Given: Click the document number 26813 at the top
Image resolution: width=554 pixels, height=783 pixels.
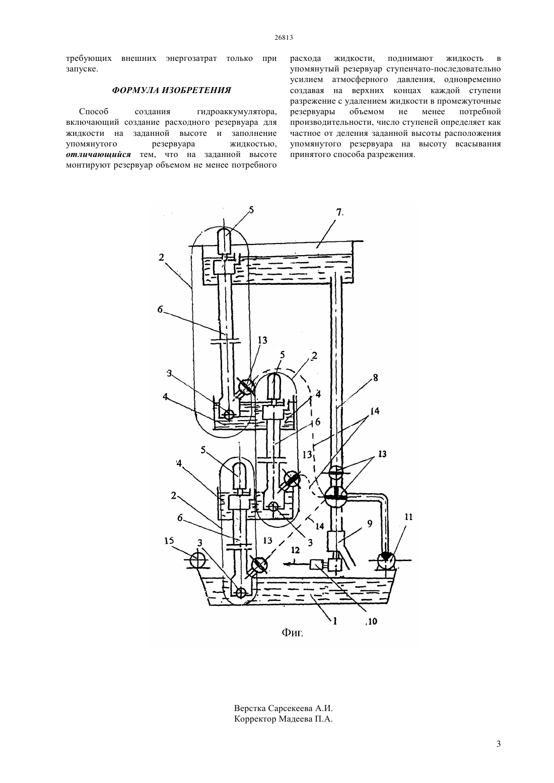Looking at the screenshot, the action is (283, 38).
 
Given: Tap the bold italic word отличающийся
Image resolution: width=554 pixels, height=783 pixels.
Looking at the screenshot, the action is (98, 154).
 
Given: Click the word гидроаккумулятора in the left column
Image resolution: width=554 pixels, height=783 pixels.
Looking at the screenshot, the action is (237, 112).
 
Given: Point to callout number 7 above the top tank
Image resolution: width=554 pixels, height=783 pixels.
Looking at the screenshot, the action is (340, 212).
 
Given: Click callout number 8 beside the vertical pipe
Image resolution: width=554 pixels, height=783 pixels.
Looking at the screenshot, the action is (375, 378).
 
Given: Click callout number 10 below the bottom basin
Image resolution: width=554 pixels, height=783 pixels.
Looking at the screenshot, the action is (372, 621).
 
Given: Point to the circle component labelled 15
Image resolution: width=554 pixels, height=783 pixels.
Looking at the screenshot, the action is (198, 561).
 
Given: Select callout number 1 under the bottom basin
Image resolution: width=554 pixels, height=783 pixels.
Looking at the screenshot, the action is (335, 620).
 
